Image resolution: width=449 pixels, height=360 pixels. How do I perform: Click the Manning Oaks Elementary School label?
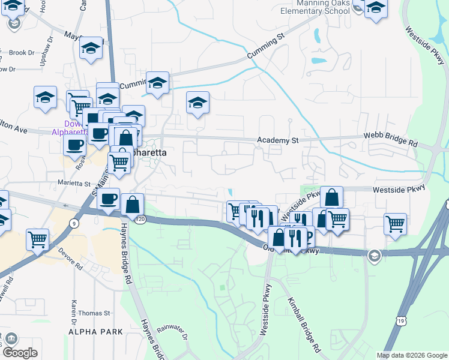point(315,7)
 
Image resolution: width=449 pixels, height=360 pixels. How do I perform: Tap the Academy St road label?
point(278,140)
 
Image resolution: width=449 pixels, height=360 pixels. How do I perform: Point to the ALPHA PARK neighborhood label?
point(95,332)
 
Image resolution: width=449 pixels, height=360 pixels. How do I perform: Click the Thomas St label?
point(94,313)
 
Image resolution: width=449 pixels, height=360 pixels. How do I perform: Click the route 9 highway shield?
point(74,223)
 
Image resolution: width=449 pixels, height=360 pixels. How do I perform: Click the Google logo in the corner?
point(20,353)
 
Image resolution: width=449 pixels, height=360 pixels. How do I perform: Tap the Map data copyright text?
point(412,355)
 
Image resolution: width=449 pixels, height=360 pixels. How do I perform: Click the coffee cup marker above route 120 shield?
point(108,199)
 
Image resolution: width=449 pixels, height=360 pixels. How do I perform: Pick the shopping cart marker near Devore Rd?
point(38,239)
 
